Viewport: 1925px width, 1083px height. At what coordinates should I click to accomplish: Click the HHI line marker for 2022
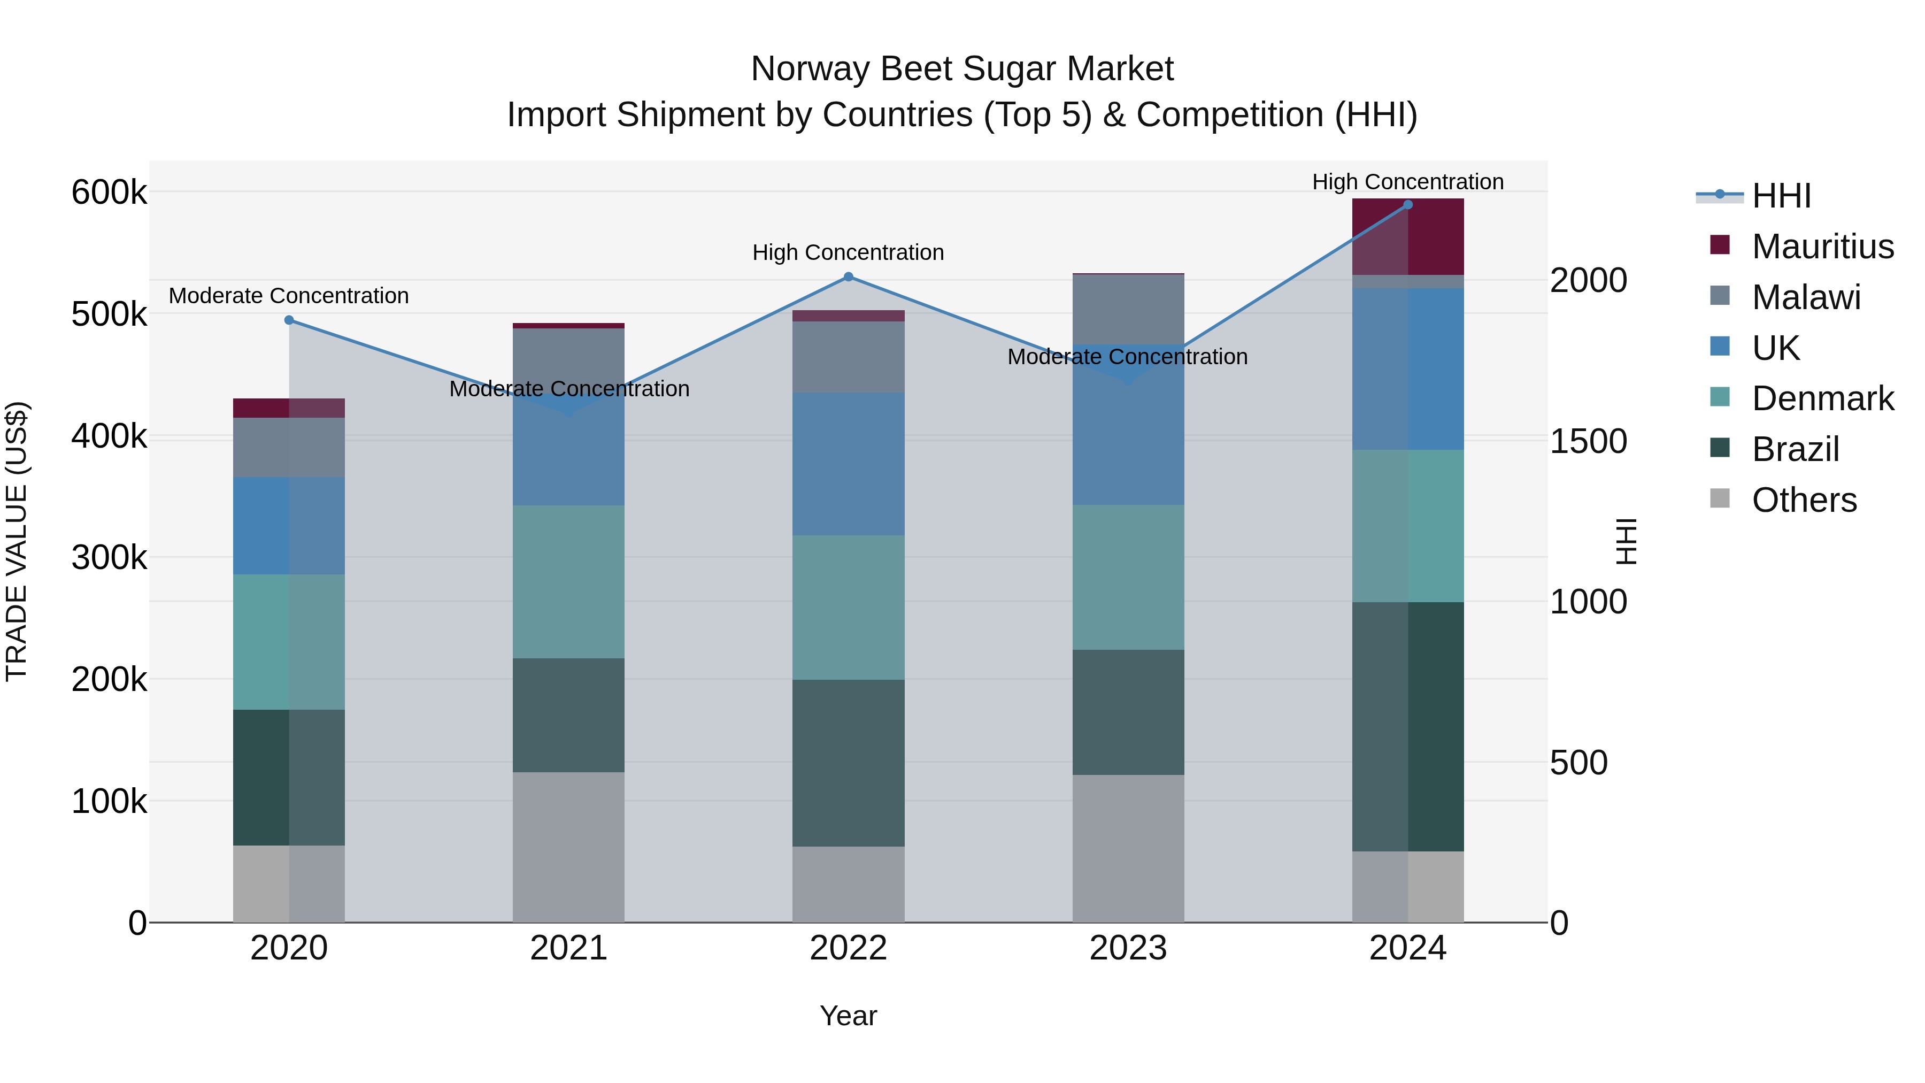(848, 276)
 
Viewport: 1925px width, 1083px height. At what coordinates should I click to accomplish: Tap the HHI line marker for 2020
(289, 320)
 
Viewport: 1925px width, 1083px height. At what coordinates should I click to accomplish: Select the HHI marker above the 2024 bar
(1408, 204)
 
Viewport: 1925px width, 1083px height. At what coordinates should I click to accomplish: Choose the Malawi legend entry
(1805, 297)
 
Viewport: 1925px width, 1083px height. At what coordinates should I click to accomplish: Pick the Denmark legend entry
(1822, 398)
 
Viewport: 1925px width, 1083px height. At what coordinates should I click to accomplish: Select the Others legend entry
(1803, 500)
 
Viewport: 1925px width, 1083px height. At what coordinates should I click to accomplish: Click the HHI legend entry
(1781, 195)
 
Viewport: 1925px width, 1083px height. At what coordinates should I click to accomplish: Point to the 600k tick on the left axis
(109, 192)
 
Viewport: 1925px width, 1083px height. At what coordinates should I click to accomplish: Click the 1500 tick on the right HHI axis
(1589, 441)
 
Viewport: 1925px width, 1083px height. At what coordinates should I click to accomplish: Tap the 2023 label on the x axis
(1128, 948)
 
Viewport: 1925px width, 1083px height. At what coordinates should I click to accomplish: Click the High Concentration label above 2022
(848, 252)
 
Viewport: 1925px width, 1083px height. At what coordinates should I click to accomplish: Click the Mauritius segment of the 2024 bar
(1408, 236)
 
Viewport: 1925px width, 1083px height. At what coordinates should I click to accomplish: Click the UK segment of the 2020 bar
(289, 525)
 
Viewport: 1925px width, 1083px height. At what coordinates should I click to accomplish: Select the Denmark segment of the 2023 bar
(1128, 577)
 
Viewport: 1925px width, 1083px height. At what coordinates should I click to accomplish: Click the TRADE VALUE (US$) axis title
(17, 541)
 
